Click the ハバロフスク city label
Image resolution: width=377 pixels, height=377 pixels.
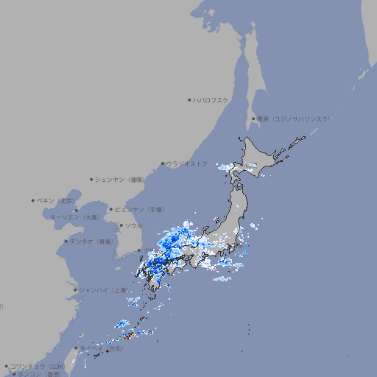[211, 100]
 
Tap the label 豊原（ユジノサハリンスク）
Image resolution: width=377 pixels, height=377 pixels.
[293, 119]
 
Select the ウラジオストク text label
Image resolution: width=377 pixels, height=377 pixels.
[187, 163]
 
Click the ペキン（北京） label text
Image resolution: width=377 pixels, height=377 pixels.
[56, 200]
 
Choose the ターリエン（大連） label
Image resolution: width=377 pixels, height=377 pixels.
[74, 217]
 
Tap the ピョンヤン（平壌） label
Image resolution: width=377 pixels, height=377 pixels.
[139, 209]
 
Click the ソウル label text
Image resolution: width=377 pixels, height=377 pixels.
[133, 225]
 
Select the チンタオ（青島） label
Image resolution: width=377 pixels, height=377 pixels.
[91, 241]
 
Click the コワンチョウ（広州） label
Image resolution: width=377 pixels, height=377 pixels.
[37, 366]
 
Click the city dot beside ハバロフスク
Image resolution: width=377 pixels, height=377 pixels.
[189, 100]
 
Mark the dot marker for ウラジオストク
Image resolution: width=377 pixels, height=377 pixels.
[163, 163]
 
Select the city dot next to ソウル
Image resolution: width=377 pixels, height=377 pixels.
[121, 225]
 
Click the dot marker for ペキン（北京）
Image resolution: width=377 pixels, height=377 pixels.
[33, 200]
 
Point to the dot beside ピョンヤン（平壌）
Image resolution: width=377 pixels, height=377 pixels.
[111, 209]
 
